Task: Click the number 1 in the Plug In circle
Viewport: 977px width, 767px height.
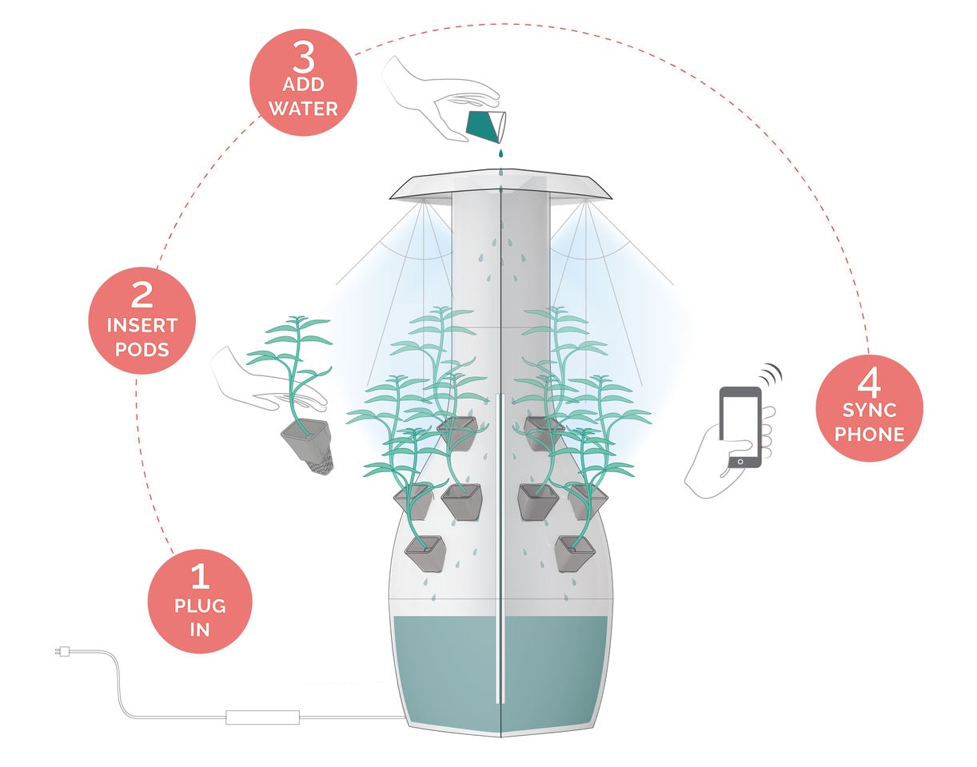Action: click(x=199, y=576)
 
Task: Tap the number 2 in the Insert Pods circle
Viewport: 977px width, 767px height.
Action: click(x=142, y=296)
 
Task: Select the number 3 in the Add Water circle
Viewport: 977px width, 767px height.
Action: click(x=303, y=58)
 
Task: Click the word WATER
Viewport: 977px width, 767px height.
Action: click(x=303, y=108)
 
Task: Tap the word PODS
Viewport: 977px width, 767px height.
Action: click(x=142, y=349)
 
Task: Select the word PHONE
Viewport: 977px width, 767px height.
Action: click(x=870, y=435)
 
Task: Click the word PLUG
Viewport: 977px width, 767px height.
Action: click(x=200, y=606)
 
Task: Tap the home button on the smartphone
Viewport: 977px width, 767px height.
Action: click(x=741, y=462)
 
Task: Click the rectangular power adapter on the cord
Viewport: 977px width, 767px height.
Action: click(x=262, y=717)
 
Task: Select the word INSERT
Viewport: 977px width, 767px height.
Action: click(x=142, y=326)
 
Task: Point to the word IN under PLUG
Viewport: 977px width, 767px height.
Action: click(x=200, y=630)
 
